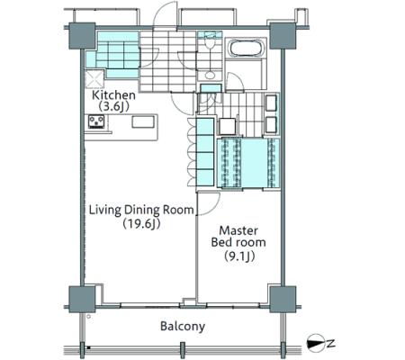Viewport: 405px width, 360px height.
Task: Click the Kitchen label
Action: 113,95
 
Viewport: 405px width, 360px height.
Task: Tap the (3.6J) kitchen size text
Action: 113,107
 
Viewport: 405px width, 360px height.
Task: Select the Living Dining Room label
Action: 141,210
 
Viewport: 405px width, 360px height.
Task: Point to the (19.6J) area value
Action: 141,223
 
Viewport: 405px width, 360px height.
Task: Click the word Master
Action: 238,230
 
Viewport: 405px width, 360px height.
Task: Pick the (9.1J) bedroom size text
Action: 239,256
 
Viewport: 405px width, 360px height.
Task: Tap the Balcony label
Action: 183,327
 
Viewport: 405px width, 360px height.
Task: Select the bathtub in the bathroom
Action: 246,48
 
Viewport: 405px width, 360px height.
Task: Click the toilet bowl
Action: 210,44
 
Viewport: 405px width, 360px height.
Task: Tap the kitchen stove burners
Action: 96,121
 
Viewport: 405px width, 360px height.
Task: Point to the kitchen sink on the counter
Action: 143,122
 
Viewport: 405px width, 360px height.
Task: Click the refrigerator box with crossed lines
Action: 94,79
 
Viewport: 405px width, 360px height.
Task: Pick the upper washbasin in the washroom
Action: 271,103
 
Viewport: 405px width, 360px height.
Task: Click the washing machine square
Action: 228,126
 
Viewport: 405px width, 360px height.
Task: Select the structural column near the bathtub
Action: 283,35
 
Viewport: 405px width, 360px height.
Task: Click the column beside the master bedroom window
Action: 283,299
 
